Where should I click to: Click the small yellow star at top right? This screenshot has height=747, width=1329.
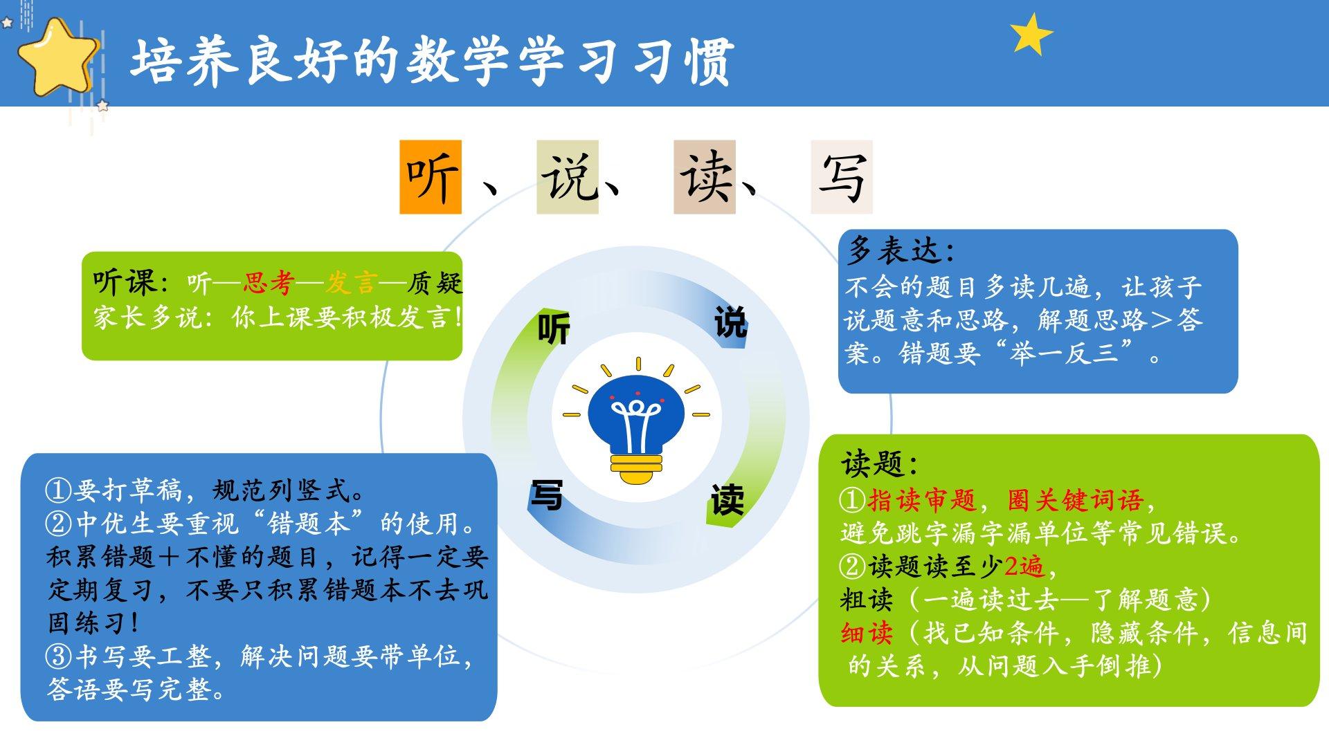tap(1031, 34)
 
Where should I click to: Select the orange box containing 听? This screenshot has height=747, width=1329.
tap(431, 177)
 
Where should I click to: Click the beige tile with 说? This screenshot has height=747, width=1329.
tap(568, 177)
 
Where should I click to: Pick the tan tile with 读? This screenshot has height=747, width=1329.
tap(705, 177)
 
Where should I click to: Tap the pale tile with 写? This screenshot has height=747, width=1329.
tap(842, 177)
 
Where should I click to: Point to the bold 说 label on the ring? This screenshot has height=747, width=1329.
tap(730, 322)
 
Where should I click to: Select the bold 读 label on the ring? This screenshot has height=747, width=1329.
tap(727, 499)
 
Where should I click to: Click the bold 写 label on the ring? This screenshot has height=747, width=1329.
tap(546, 495)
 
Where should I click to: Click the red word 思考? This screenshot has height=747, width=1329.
tap(269, 283)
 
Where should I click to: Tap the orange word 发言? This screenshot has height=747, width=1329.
tap(352, 283)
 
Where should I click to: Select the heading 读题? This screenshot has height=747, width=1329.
tap(879, 463)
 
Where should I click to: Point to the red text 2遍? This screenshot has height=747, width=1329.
tap(1024, 566)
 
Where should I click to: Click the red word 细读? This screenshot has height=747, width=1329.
tap(867, 633)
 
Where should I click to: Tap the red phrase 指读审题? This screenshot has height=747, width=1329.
tap(922, 499)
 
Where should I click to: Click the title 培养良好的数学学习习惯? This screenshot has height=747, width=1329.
tap(433, 62)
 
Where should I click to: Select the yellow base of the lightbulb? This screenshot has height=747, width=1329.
tap(636, 468)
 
